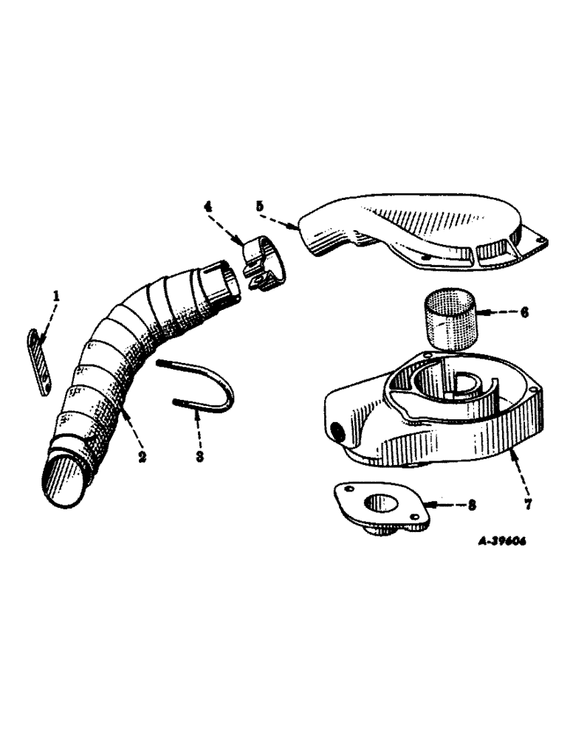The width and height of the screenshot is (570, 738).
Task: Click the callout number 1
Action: (56, 298)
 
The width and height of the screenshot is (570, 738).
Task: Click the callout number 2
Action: (140, 458)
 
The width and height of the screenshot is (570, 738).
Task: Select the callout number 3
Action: (199, 458)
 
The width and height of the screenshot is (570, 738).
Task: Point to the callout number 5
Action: (259, 208)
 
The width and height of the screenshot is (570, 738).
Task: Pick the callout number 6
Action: (523, 312)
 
